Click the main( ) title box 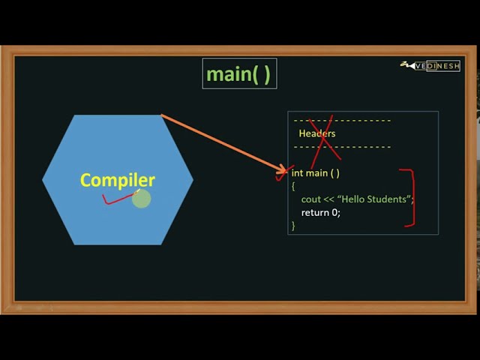point(239,73)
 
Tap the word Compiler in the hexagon point(117,180)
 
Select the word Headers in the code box point(316,133)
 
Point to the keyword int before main point(298,173)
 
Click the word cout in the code point(311,199)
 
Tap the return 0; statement point(320,212)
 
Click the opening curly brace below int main point(293,186)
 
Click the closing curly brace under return point(293,225)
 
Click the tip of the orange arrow point(286,172)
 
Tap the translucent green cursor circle point(141,199)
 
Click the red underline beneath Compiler point(118,199)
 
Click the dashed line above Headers point(342,120)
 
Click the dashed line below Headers point(342,146)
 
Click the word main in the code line point(317,173)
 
